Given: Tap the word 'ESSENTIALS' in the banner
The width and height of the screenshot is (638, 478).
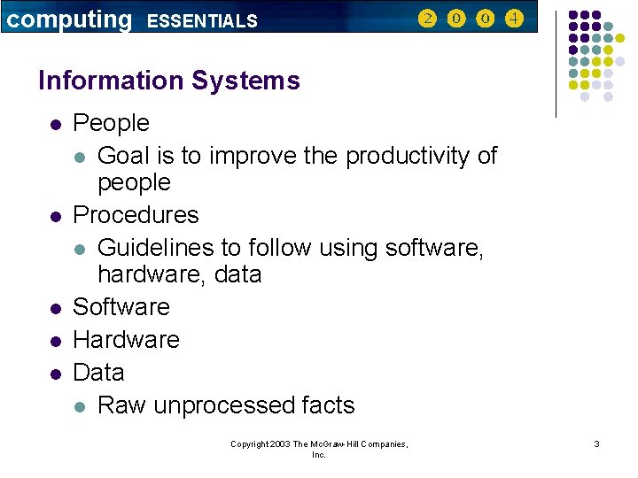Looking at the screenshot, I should coord(202,20).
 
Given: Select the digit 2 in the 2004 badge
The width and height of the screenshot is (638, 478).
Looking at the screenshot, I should coord(427,19).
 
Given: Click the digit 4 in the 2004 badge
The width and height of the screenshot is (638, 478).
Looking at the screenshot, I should coord(514,19).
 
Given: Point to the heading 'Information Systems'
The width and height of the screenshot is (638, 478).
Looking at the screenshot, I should coord(169,81).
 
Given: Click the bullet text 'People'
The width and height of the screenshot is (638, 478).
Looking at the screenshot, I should coord(111,123).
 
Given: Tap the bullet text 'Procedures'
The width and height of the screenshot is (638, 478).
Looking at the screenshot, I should coord(136,215).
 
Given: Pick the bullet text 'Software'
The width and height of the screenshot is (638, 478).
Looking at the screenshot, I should coord(121,307).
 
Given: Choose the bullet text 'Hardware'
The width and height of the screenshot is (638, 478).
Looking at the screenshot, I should coord(126,340).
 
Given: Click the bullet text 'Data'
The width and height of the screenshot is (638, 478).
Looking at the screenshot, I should coord(98,373).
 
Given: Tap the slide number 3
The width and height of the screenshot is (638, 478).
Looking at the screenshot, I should coord(596,443).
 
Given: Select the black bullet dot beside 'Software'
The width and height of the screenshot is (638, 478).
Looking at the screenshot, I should coord(55,309).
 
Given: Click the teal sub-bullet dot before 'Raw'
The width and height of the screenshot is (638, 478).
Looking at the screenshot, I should coord(80,407).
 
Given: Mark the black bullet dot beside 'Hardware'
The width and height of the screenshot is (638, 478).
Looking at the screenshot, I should coord(55,342).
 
